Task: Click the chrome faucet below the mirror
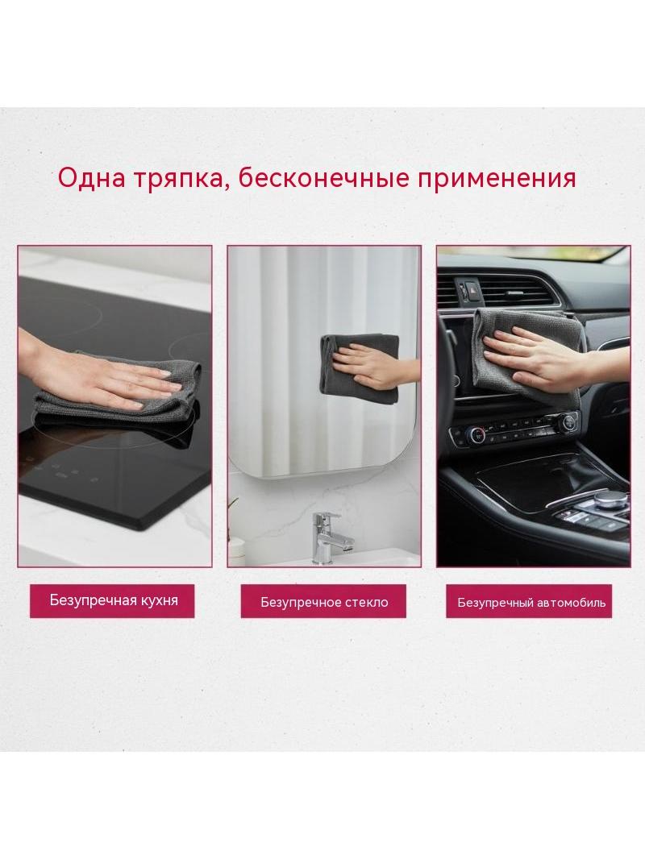coord(327,537)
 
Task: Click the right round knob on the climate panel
coord(569,421)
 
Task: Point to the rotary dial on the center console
coord(607,499)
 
